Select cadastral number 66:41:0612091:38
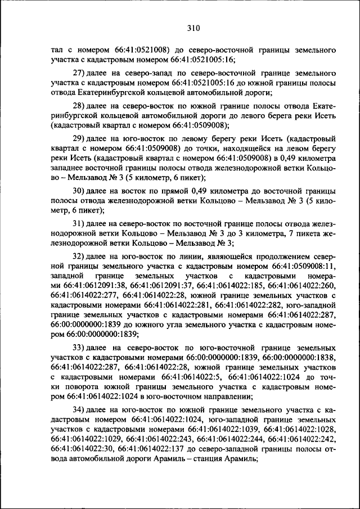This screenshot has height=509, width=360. pos(91,286)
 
